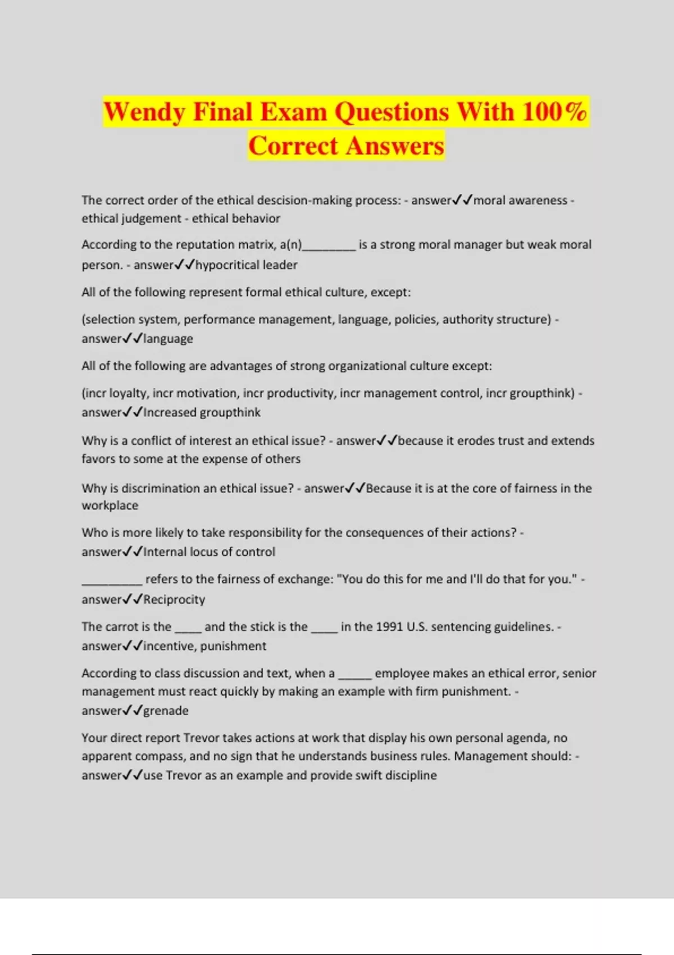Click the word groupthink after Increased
tap(230, 412)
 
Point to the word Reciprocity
tap(174, 599)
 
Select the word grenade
tap(166, 711)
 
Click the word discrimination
tap(161, 488)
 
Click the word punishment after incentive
tap(233, 646)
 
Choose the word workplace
tap(110, 506)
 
